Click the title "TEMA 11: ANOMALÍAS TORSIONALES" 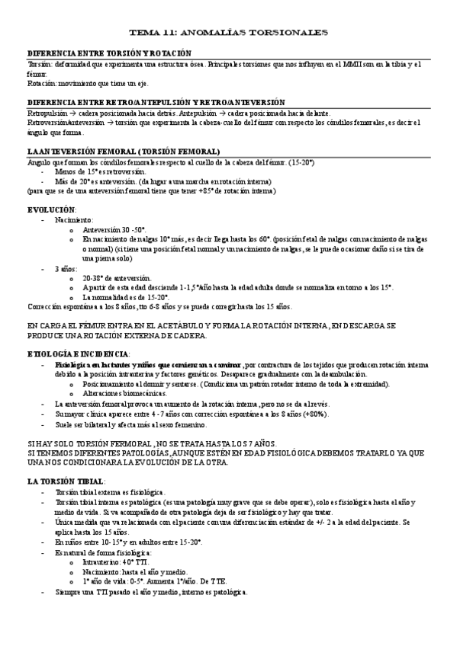tap(228, 34)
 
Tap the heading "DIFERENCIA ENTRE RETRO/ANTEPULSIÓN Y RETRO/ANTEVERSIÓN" tap(156, 102)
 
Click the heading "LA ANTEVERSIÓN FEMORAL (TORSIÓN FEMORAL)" tap(124, 152)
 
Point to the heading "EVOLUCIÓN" tap(51, 208)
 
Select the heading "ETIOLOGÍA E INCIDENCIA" tap(78, 353)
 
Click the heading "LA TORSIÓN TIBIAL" tap(66, 482)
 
